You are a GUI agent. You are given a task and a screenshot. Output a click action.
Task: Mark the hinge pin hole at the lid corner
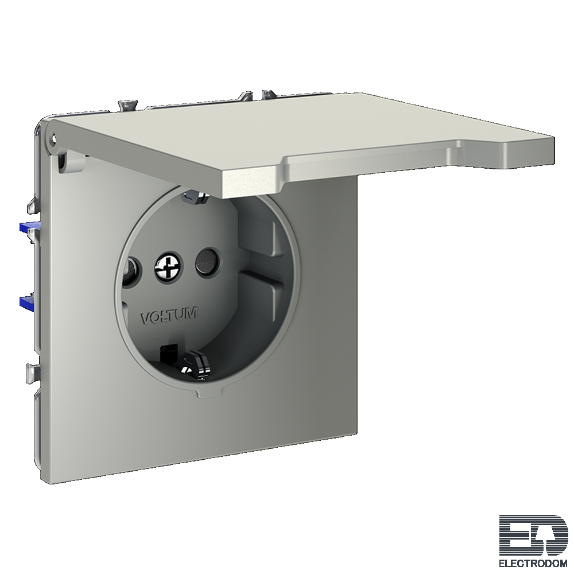pyautogui.click(x=55, y=139)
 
